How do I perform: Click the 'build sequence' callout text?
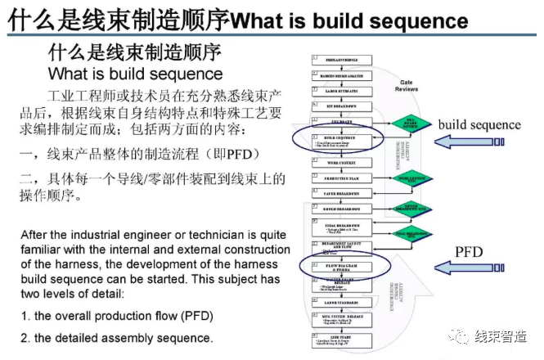click(479, 124)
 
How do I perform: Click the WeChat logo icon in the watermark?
click(462, 336)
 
